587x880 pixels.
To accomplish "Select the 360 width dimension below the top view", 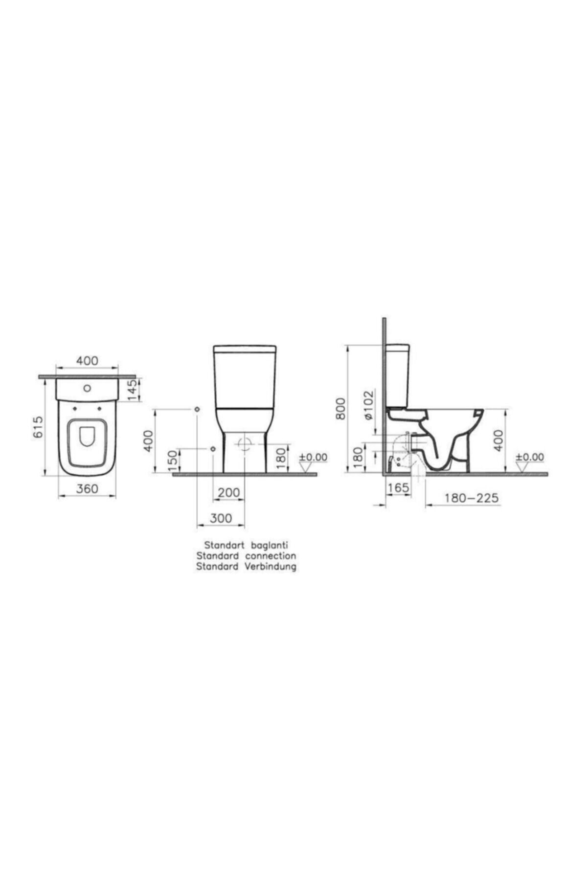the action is point(88,488).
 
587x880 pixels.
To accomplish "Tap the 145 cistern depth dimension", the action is point(133,390).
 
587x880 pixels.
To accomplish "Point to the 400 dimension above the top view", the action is point(87,361).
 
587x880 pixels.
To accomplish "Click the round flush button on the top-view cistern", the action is point(88,389).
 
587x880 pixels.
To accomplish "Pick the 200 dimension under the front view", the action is point(229,492).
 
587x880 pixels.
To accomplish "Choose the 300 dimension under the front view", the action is point(221,518).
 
